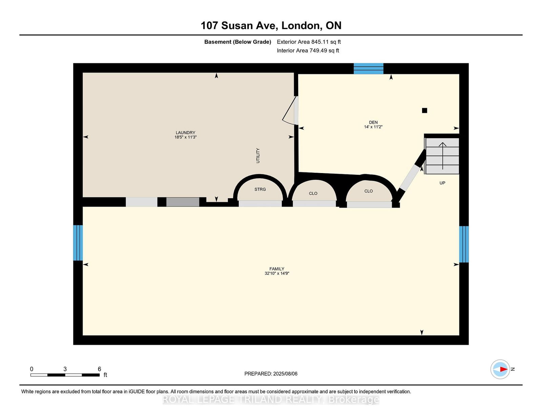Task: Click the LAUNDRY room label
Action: point(185,133)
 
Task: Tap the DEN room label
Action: point(373,123)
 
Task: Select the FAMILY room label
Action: point(277,269)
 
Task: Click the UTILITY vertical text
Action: point(258,155)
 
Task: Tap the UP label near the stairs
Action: point(442,183)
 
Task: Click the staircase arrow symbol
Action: point(442,156)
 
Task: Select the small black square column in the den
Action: point(424,110)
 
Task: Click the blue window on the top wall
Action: point(369,68)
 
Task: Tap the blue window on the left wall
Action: point(78,243)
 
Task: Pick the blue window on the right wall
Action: point(464,244)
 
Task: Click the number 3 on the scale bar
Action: point(65,369)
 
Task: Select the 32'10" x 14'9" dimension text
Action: point(277,273)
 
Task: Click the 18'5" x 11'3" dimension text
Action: point(185,137)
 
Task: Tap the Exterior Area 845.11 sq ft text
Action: point(309,42)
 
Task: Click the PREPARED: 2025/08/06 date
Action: point(271,374)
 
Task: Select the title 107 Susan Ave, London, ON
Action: point(271,26)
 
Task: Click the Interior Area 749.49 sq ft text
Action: point(308,50)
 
